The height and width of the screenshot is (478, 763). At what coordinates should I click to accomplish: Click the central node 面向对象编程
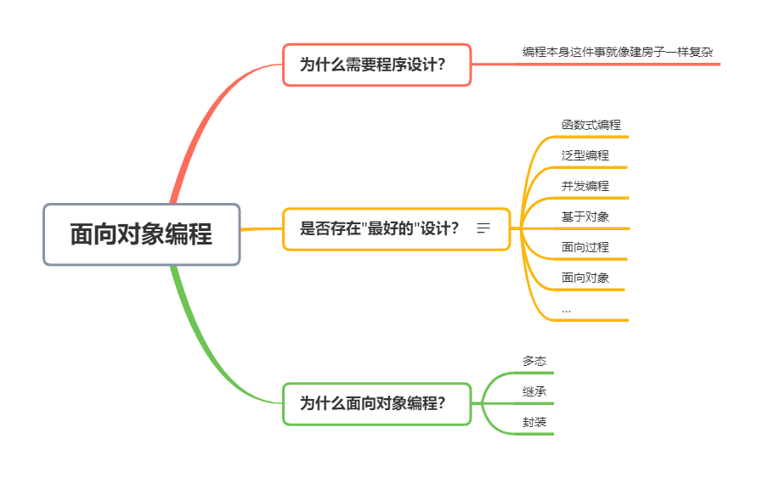coord(141,234)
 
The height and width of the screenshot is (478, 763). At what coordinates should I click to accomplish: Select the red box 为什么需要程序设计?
coord(376,65)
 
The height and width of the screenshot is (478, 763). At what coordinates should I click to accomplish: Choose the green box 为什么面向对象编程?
coord(376,403)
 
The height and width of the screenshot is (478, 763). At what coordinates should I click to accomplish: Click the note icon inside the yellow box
coord(484,228)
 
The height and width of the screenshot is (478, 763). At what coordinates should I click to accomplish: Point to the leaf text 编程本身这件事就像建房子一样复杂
coord(618,52)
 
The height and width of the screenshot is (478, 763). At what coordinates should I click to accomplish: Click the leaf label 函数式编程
coord(591,125)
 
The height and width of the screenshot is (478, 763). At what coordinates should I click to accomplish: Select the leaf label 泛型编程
coord(585,155)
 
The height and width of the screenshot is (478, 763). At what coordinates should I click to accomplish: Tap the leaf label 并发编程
coord(585,186)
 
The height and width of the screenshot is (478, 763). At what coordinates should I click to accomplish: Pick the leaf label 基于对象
coord(585,217)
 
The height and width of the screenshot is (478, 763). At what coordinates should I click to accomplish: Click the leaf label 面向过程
coord(585,247)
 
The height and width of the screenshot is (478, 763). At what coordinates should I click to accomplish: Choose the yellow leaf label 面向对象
coord(585,278)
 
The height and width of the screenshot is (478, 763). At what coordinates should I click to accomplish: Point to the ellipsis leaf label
coord(567,310)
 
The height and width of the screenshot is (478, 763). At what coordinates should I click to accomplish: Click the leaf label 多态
coord(534,362)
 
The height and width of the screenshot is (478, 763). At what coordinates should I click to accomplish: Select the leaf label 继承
coord(534,392)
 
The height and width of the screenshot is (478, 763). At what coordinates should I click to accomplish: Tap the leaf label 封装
coord(534,423)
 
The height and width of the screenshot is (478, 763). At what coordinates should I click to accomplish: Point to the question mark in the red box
coord(440,65)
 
